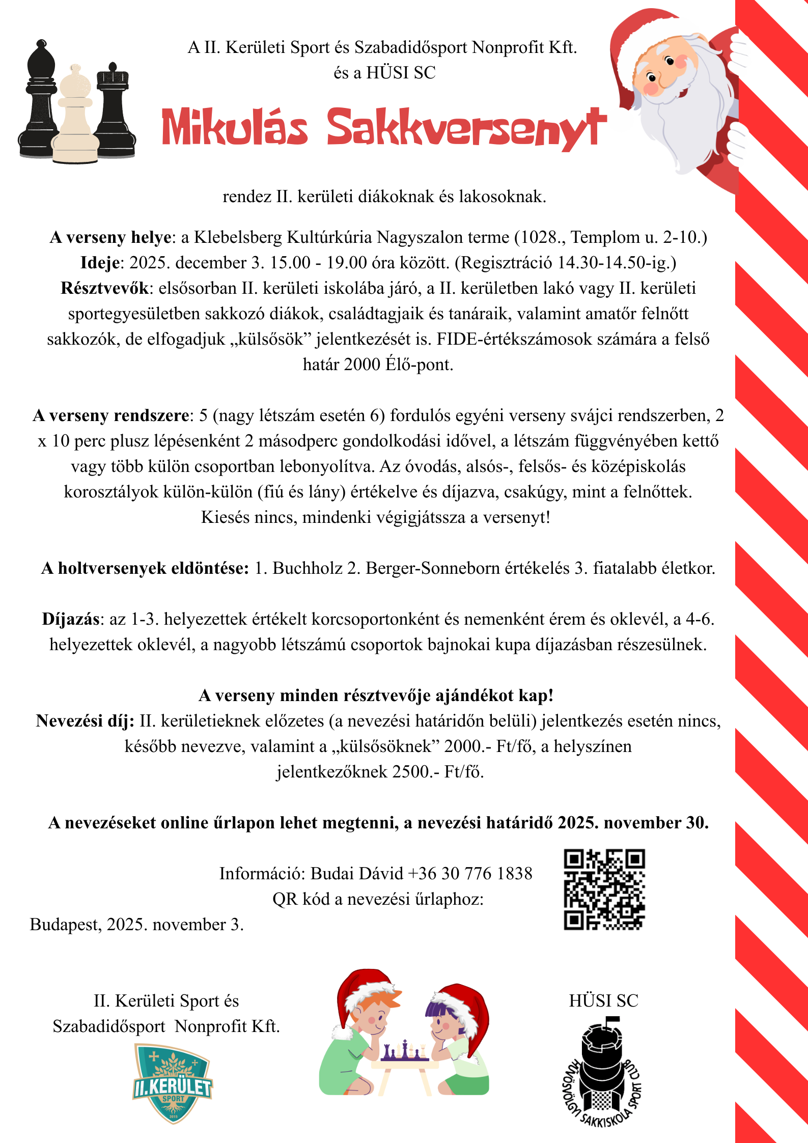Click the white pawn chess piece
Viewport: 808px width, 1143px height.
75,117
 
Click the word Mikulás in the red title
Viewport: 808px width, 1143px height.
235,127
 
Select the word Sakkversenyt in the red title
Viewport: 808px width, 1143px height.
465,127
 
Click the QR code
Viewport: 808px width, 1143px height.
604,889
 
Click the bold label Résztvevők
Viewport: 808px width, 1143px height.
105,288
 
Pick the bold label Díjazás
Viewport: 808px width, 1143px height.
71,619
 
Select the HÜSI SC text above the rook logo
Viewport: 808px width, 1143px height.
603,1001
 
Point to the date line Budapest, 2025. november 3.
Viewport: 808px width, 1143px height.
137,925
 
